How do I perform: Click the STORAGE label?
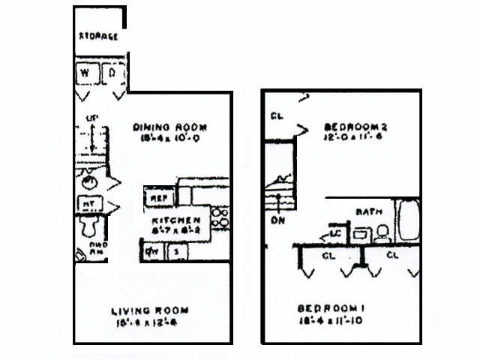click(99, 37)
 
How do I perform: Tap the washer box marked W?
click(85, 73)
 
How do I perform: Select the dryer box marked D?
click(112, 73)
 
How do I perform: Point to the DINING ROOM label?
click(169, 127)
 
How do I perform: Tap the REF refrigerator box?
click(158, 198)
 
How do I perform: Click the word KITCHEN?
click(176, 220)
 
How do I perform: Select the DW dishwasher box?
click(151, 252)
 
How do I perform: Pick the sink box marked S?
click(176, 252)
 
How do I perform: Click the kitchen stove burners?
click(220, 218)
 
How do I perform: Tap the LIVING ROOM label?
click(150, 310)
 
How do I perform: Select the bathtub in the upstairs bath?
click(408, 220)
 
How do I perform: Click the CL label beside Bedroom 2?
click(277, 116)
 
